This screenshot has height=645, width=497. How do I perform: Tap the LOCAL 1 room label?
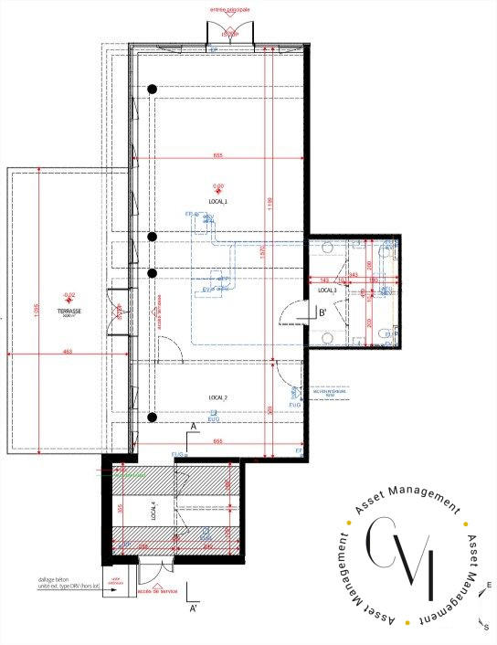(217, 200)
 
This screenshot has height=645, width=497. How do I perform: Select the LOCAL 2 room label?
(217, 398)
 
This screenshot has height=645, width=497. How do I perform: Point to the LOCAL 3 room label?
(328, 290)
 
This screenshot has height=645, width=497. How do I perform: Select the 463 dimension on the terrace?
(67, 350)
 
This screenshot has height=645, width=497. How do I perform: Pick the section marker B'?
(323, 312)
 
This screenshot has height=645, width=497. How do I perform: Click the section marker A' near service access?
(193, 607)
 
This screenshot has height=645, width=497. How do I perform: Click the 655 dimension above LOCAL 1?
(218, 155)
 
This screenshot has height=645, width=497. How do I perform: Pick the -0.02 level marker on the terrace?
(69, 295)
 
